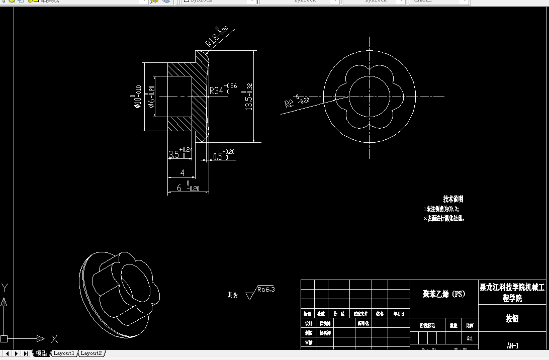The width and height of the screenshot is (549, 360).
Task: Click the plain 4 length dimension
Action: tap(182, 172)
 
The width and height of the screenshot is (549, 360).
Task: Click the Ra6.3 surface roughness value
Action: tap(266, 290)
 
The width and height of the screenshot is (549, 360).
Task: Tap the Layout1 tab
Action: tap(64, 353)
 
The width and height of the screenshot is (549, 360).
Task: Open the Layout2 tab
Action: tap(91, 353)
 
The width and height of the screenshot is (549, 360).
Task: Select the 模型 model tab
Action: tap(41, 353)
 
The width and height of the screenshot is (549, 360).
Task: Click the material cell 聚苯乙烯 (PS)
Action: tap(444, 294)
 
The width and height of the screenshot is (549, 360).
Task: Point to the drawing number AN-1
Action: tap(512, 345)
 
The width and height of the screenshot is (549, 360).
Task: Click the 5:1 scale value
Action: tap(470, 338)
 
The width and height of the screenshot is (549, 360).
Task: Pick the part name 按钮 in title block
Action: tap(512, 318)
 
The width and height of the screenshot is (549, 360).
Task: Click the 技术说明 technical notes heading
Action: tap(453, 199)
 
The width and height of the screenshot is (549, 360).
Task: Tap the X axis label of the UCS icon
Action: tap(54, 339)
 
